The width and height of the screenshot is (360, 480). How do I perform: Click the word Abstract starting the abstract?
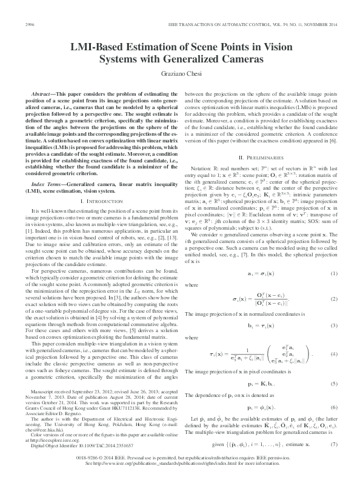point(46,96)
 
